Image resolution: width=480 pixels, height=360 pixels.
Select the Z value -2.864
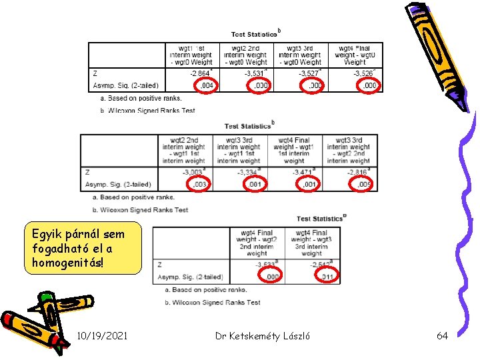coord(200,73)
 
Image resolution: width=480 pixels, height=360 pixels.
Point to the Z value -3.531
coord(255,73)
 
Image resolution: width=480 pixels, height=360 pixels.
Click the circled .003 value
coord(198,185)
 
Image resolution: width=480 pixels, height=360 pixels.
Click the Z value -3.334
coord(249,172)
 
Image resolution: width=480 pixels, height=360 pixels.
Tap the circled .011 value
coord(327,277)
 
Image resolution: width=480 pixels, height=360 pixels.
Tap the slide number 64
coord(442,336)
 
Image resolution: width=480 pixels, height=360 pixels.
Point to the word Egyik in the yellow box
coord(47,235)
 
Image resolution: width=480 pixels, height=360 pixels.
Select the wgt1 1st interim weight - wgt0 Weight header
coord(192,55)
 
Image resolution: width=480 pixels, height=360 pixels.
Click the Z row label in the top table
coord(95,73)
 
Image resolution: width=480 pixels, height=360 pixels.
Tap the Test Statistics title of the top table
coord(254,34)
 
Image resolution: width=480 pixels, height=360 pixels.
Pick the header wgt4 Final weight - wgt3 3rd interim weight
coord(311,243)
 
